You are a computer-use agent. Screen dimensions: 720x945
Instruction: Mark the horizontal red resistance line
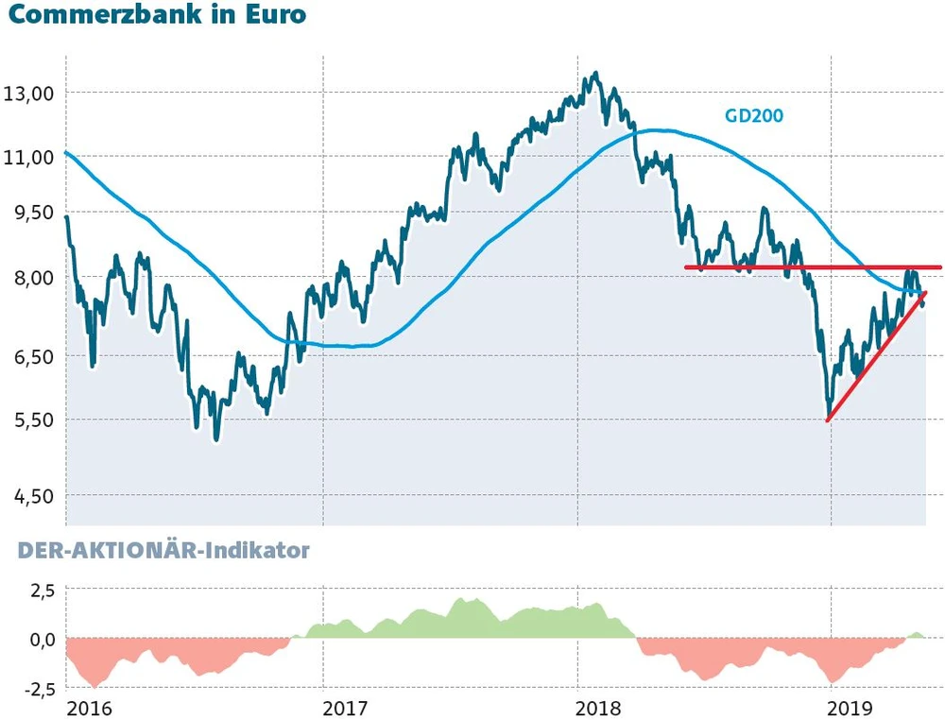coord(813,267)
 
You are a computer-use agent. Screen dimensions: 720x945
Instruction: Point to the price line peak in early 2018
coord(594,74)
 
